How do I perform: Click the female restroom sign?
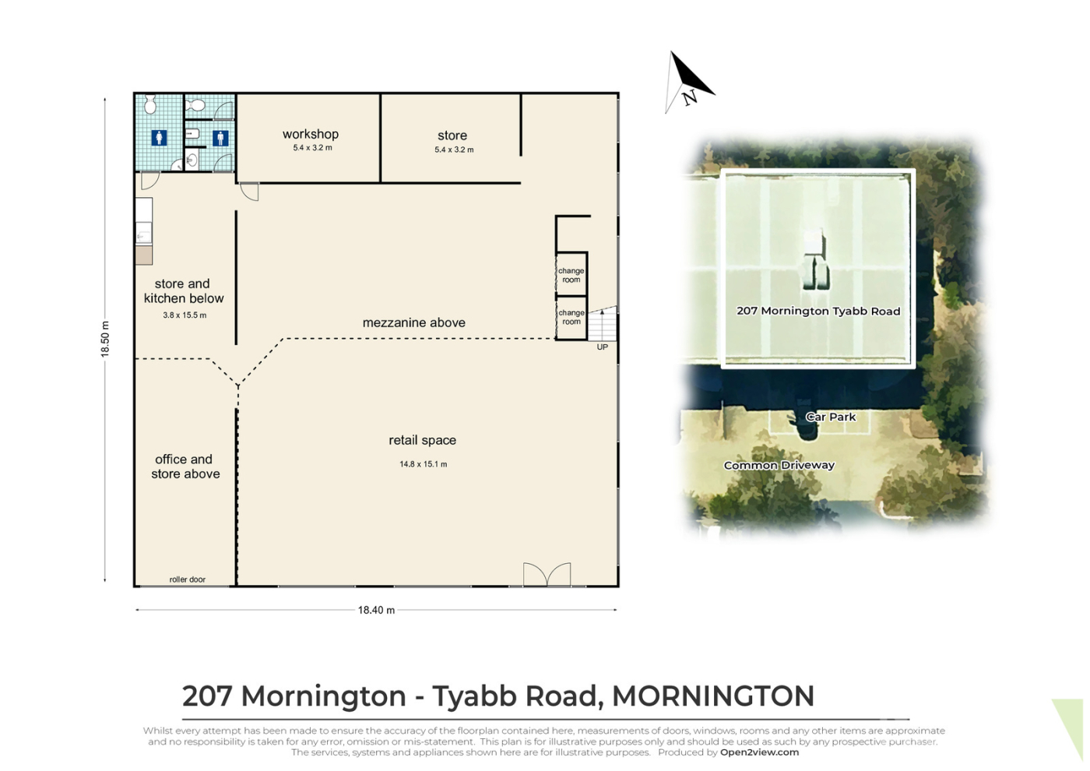159,138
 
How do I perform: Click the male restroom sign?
220,139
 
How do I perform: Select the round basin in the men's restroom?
192,159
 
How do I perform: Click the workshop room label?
311,134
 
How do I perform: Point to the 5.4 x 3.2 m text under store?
454,150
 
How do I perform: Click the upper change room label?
571,275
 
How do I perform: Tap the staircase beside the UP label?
603,324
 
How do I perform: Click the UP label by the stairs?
603,347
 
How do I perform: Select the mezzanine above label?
413,322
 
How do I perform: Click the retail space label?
422,440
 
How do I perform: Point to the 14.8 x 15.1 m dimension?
424,464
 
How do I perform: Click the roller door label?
188,579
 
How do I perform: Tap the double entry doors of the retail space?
547,575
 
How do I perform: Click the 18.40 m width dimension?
376,610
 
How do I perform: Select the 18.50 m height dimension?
105,340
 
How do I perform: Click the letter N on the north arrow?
690,98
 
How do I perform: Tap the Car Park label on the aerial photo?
831,417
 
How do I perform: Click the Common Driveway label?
779,465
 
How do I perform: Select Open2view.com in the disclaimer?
760,752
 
